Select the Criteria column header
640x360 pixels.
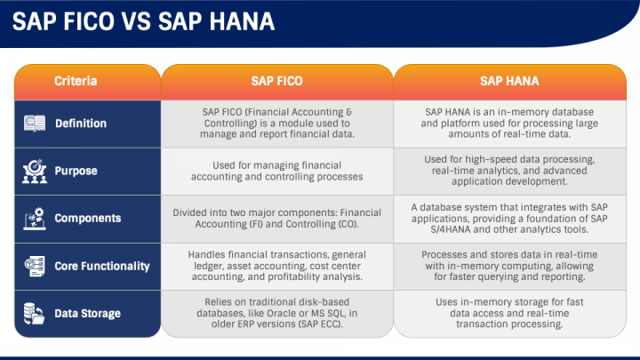76,81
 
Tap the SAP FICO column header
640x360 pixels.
276,81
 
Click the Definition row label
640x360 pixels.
81,124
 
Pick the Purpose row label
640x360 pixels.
76,171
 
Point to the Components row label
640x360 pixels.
87,218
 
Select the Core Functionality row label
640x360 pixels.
102,266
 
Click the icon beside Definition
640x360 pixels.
36,124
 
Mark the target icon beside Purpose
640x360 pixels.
36,171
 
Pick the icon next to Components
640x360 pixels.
36,218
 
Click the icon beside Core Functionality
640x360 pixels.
36,266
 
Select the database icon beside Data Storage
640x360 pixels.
36,313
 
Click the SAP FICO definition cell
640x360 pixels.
276,124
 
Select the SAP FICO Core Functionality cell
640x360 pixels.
276,266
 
